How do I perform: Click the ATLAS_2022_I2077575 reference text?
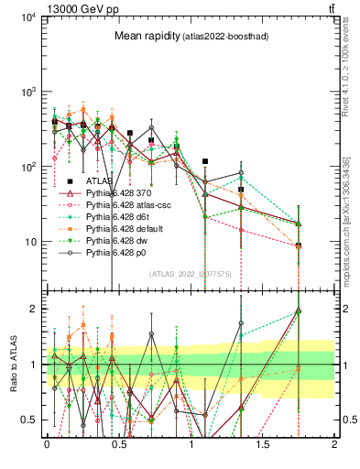191,273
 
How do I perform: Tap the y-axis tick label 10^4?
28,18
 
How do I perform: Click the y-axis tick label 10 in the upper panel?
31,242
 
